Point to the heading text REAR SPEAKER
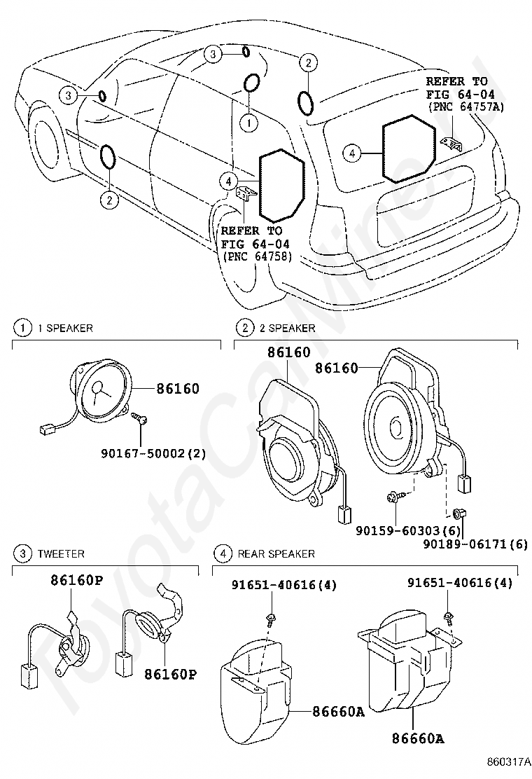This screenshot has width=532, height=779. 276,554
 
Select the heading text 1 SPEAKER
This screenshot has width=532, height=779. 65,328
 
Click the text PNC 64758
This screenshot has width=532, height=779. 256,256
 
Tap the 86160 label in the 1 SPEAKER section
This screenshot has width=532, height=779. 178,389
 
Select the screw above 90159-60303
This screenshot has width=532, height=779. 393,499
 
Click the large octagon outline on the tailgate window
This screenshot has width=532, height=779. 408,150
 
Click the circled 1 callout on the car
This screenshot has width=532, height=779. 248,122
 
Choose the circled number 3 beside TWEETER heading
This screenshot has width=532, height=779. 24,554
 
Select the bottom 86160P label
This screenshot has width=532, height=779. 171,675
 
